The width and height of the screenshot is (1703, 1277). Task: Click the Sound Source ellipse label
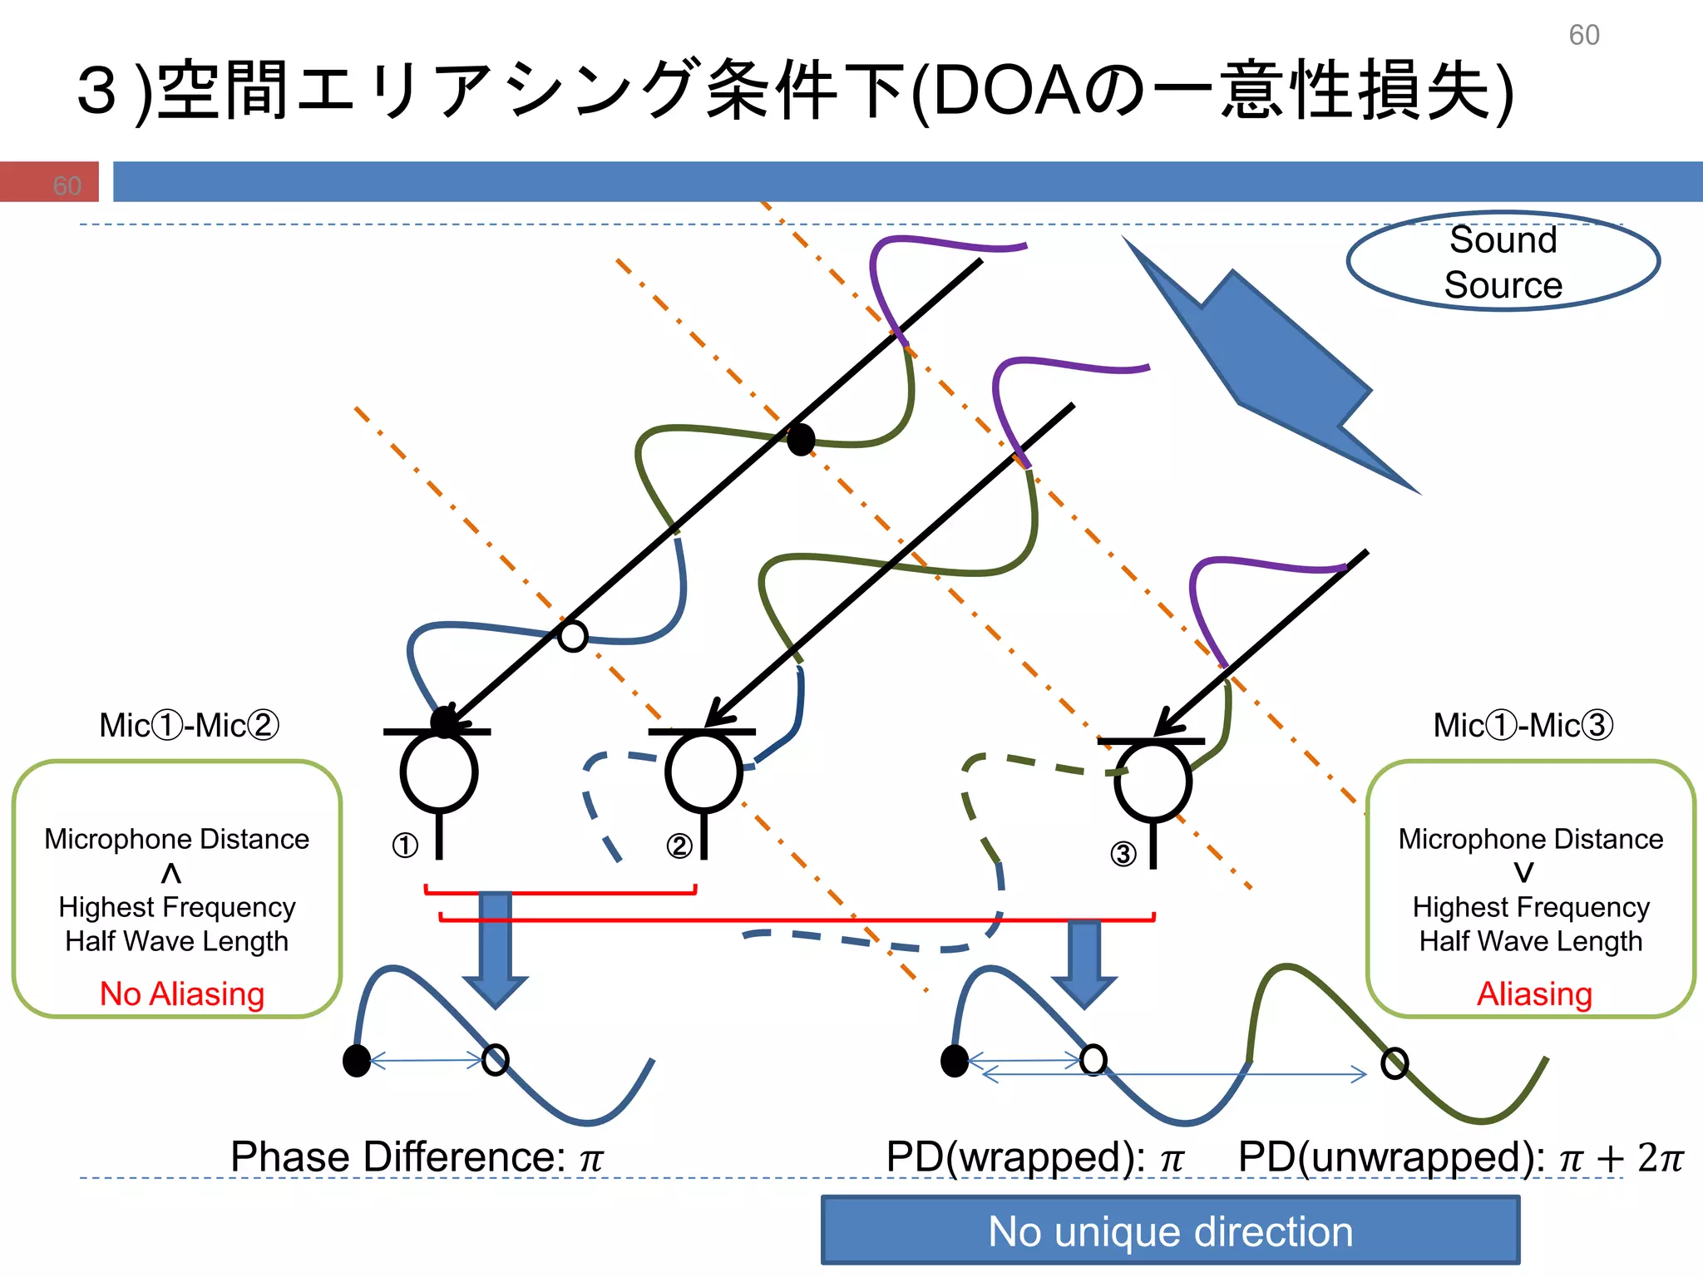(1503, 262)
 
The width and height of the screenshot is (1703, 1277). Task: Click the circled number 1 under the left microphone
(405, 846)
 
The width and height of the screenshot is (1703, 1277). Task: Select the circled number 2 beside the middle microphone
(679, 846)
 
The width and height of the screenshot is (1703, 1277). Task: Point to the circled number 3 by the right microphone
(1123, 854)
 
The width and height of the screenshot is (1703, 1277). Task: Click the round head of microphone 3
(1153, 781)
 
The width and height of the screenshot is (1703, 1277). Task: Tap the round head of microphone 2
(703, 772)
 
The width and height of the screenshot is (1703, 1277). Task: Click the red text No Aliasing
(181, 993)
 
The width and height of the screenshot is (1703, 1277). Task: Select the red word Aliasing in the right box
(1534, 993)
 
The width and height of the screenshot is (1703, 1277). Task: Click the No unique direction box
(1170, 1231)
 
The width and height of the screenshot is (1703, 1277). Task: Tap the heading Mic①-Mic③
(1523, 725)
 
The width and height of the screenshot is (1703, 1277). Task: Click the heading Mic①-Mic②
(189, 725)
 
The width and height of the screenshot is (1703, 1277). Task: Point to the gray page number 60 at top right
(1583, 35)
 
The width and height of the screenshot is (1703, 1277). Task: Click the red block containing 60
(50, 182)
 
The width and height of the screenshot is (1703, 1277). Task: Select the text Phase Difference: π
(416, 1156)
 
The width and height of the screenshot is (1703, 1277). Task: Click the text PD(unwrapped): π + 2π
(1460, 1156)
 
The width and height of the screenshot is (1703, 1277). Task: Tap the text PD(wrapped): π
(1034, 1156)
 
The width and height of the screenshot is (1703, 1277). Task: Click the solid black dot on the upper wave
(801, 439)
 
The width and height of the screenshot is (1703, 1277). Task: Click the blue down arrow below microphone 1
(496, 948)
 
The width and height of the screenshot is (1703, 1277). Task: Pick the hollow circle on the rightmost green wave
(1394, 1063)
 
